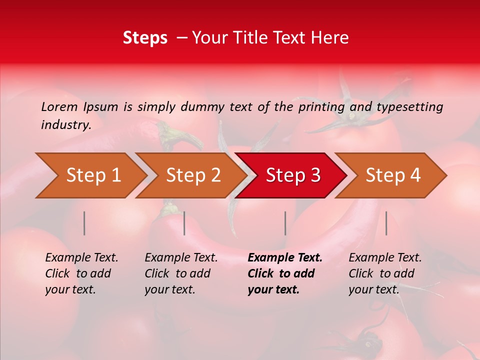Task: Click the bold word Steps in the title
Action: click(145, 38)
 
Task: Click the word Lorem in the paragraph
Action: click(59, 106)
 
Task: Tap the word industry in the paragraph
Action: click(65, 125)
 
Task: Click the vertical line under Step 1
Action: click(84, 223)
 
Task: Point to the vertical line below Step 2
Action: click(184, 223)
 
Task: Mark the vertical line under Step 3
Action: click(285, 223)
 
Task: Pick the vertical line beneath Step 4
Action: click(386, 223)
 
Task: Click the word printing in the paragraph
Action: click(320, 106)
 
